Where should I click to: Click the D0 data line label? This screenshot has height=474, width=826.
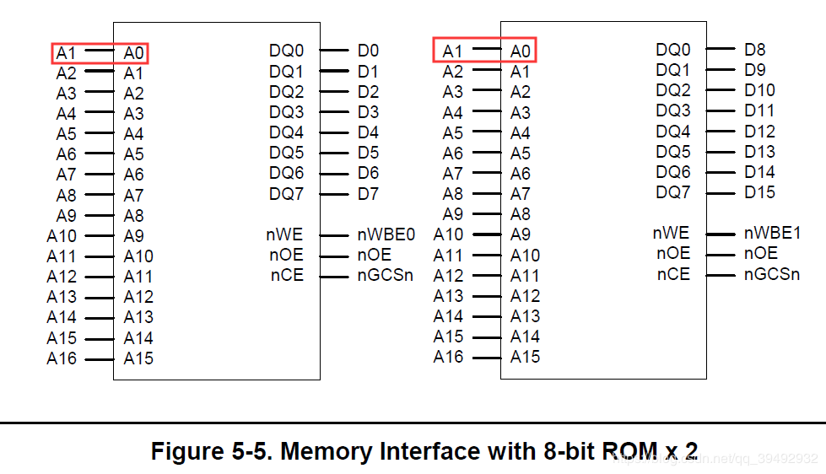click(368, 51)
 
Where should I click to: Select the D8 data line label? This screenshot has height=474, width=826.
click(755, 50)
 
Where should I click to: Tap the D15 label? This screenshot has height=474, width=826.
click(759, 192)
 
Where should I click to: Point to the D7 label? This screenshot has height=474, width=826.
click(368, 194)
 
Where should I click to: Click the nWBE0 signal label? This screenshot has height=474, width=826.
click(386, 234)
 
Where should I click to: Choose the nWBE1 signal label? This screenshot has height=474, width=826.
click(772, 233)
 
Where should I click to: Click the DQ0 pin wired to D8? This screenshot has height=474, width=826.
click(672, 51)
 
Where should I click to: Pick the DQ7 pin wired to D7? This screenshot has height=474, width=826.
click(286, 194)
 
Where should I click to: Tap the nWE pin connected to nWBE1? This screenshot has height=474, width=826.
click(671, 233)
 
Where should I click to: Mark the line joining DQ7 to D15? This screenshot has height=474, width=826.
click(720, 192)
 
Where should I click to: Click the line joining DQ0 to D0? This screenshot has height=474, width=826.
click(334, 51)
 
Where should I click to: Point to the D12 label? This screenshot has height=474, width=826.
click(759, 132)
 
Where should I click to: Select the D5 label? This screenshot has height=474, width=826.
click(368, 153)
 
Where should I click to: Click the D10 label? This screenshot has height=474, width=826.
click(759, 90)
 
